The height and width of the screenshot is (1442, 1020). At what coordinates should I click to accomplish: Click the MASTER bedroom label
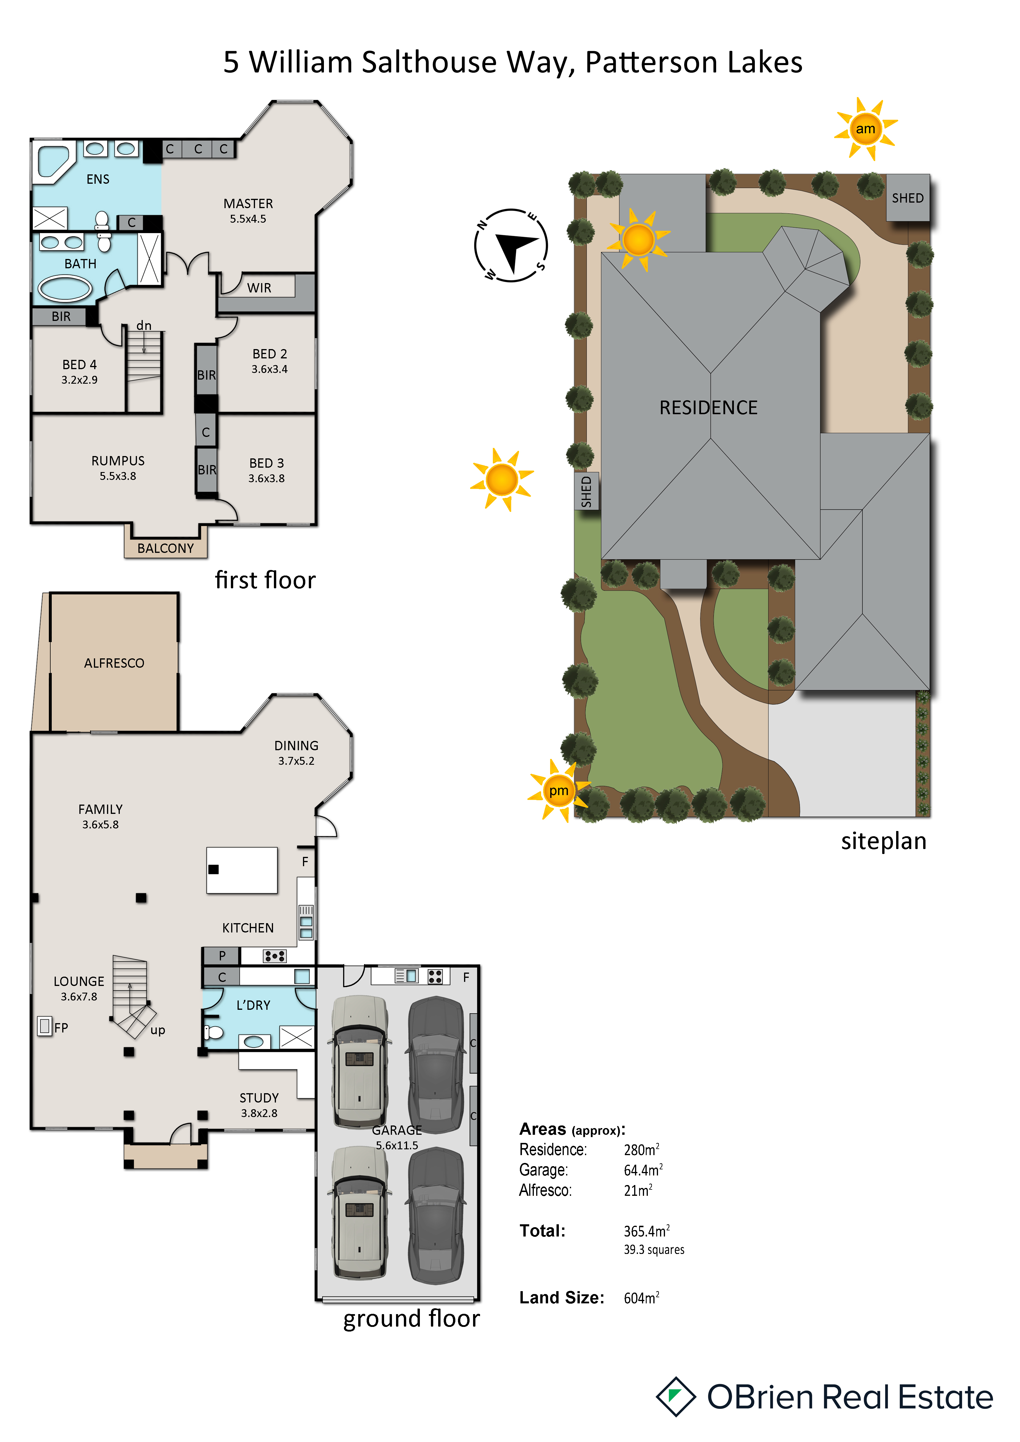tap(248, 203)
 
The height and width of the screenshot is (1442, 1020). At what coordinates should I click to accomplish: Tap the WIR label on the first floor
tap(259, 288)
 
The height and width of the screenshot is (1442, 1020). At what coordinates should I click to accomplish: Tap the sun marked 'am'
tap(866, 129)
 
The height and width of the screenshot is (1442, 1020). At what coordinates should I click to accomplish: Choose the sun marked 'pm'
tap(558, 790)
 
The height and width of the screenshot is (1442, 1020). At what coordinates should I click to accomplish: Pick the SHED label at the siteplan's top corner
tap(907, 198)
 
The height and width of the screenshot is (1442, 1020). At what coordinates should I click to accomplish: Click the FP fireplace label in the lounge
tap(61, 1028)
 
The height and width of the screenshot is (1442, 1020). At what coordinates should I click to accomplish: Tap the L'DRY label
tap(253, 1005)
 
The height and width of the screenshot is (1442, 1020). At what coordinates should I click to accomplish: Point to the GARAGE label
tap(397, 1130)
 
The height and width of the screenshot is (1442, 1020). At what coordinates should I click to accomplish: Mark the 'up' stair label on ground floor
tap(158, 1030)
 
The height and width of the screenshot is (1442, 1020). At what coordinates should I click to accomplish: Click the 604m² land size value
tap(641, 1298)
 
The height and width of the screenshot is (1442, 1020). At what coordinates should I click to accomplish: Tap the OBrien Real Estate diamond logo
tap(676, 1397)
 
